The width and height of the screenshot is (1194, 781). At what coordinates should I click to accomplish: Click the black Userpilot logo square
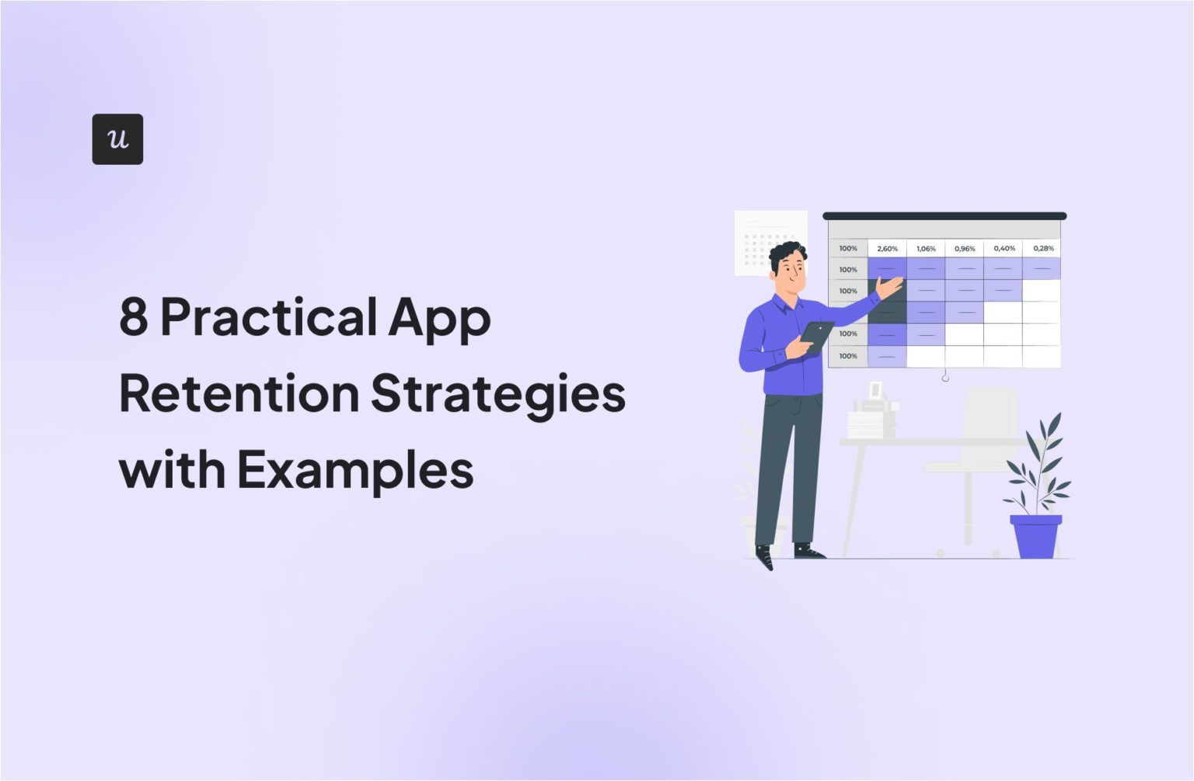[x=117, y=139]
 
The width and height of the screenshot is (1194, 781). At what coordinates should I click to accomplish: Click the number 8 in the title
[x=134, y=316]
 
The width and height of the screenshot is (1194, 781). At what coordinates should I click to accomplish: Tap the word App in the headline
[x=439, y=319]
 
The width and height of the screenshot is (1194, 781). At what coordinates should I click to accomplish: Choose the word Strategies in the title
[x=497, y=395]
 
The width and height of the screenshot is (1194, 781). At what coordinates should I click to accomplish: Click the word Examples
[x=355, y=470]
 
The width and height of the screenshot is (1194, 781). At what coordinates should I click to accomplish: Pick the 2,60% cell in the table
[x=887, y=249]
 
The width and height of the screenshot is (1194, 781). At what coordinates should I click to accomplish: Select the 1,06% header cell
[x=926, y=249]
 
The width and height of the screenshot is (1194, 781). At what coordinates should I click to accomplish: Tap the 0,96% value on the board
[x=965, y=249]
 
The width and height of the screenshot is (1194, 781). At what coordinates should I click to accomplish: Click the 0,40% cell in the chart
[x=1004, y=249]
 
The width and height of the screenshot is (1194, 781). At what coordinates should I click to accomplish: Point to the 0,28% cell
[x=1043, y=249]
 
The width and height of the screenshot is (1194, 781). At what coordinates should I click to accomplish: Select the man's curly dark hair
[x=787, y=255]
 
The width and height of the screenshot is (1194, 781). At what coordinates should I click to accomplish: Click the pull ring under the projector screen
[x=945, y=378]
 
